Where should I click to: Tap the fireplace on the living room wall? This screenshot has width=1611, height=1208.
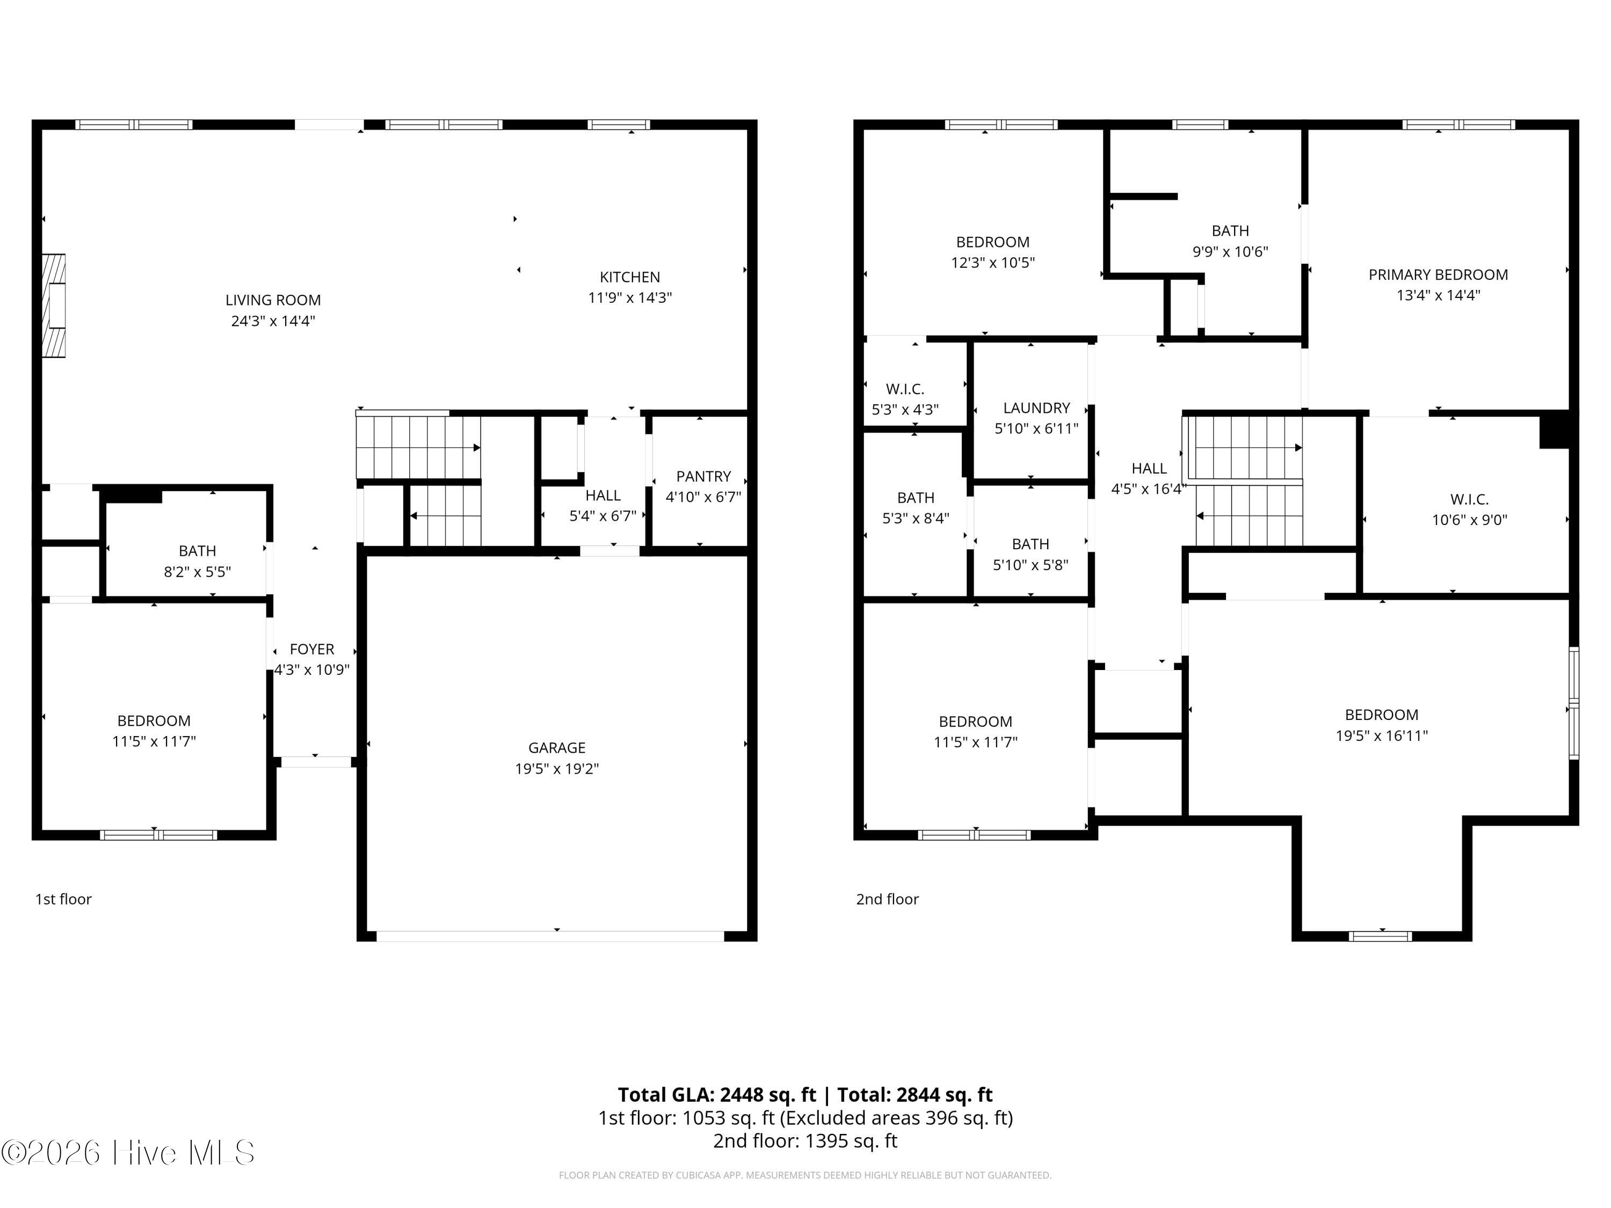tap(54, 306)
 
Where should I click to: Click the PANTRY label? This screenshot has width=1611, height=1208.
tap(703, 476)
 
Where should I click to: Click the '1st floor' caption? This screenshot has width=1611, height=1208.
tap(63, 899)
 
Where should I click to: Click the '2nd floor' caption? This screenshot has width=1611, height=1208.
tap(887, 899)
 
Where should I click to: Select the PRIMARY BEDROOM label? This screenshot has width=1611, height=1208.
tap(1438, 274)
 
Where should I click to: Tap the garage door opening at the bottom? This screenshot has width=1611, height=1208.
tap(550, 936)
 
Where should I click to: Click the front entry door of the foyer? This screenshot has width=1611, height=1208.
tap(315, 762)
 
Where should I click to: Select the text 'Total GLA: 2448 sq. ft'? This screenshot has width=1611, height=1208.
tap(717, 1094)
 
